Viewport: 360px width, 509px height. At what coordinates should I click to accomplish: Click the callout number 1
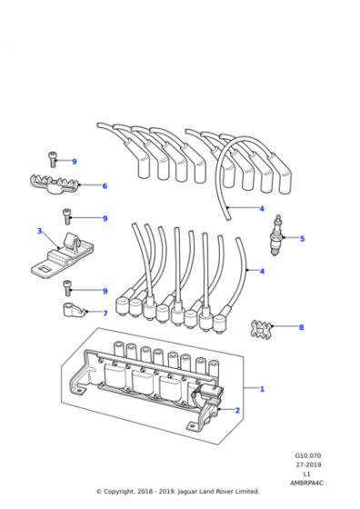pos(263,389)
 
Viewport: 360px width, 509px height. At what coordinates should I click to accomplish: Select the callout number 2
pos(237,411)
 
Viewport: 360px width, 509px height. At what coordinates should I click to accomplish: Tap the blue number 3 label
pos(39,231)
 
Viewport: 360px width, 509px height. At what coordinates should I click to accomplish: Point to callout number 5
pos(302,239)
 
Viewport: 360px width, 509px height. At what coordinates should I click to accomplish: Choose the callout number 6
pos(105,186)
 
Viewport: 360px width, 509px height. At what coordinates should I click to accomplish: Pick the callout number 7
pos(105,314)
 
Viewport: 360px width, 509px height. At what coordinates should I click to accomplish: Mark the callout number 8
pos(301,326)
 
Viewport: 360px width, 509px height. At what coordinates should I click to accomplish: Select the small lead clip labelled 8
pos(263,325)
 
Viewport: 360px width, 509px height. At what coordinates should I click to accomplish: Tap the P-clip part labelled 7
pos(72,312)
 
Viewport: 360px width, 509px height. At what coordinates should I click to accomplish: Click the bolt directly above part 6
pos(54,161)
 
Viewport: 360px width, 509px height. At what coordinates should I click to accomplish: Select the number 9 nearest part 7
pos(105,291)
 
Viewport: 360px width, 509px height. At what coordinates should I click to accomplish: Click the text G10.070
pos(307,456)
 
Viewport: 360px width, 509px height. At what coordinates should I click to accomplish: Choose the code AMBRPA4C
pos(307,483)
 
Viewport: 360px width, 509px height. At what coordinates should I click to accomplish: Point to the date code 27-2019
pos(307,465)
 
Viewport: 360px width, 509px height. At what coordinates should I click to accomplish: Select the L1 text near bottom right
pos(307,474)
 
